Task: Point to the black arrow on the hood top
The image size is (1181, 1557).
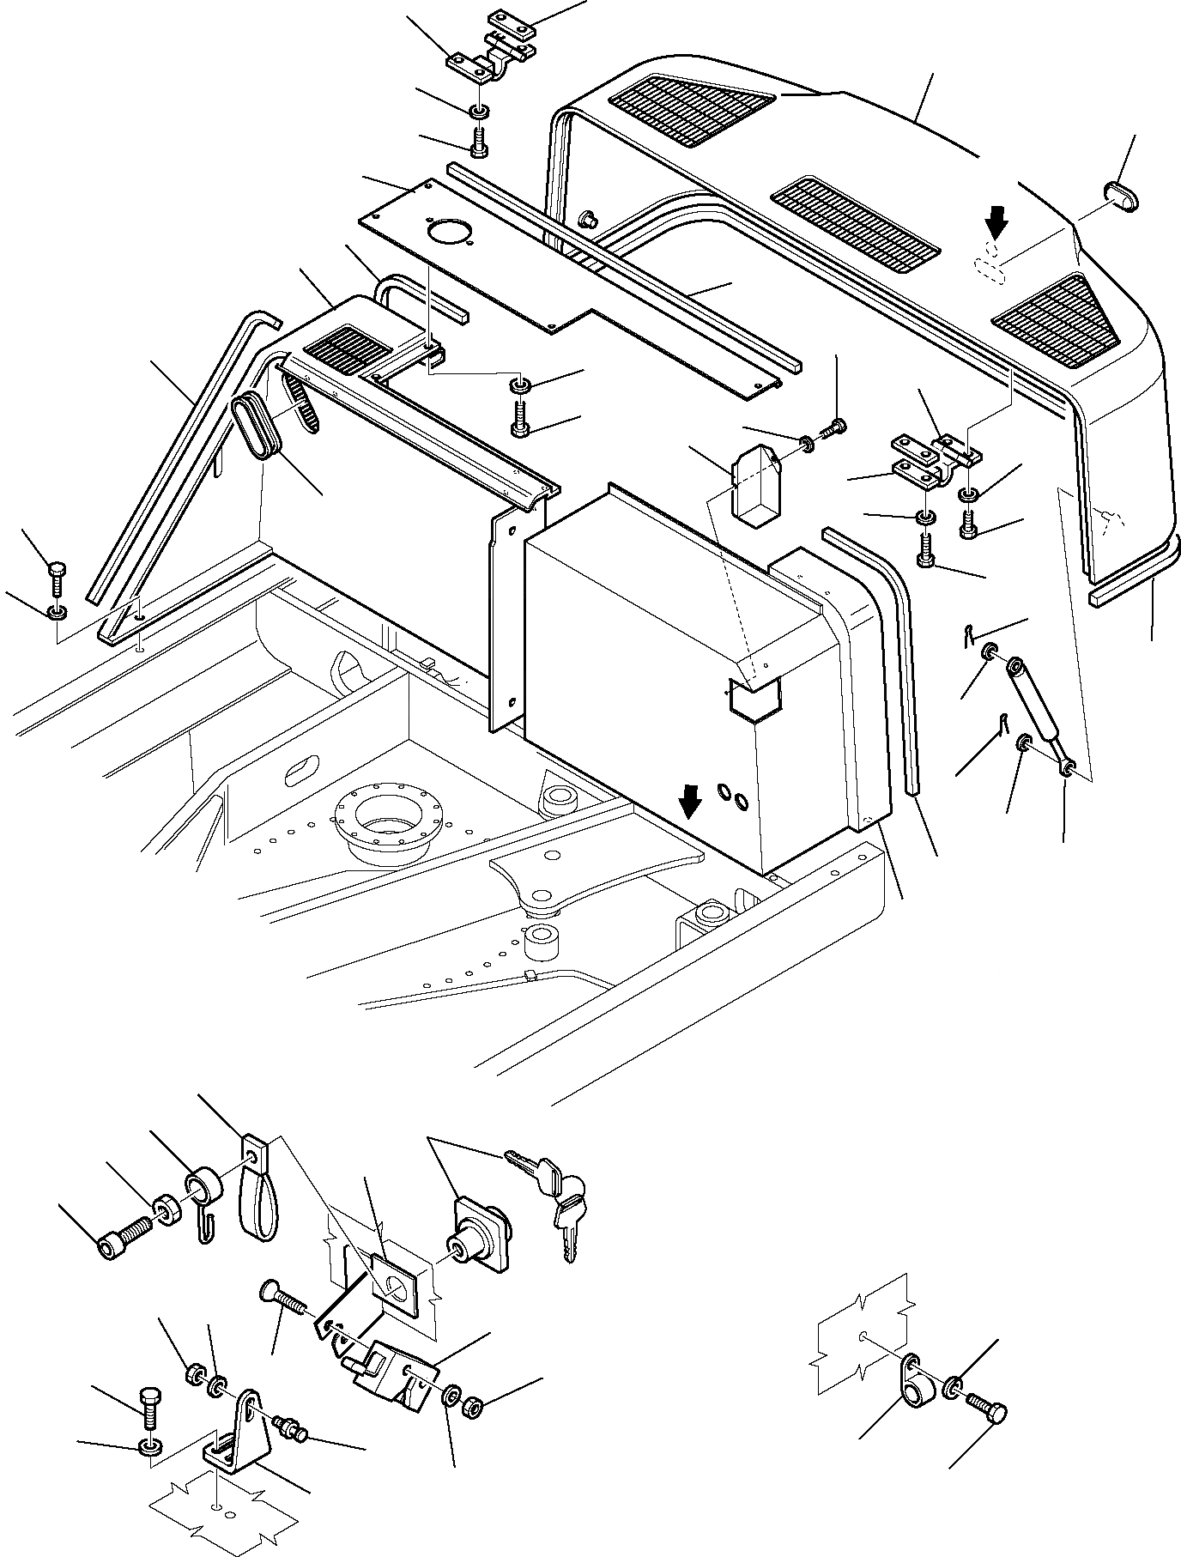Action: coord(996,225)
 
